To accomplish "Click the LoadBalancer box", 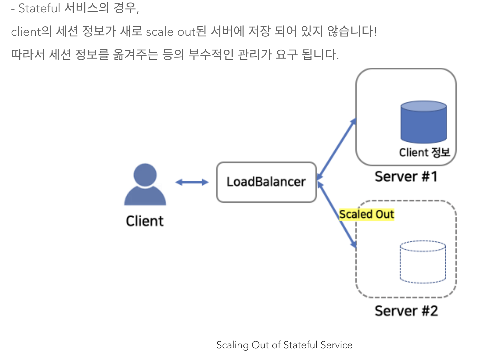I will coord(266,182).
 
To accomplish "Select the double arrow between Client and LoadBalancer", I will coord(192,182).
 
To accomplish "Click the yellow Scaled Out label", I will coord(367,214).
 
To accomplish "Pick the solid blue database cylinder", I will coord(424,122).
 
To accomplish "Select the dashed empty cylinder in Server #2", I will coord(423,262).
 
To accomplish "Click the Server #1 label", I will coord(406,177).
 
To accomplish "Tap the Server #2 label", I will coord(406,311).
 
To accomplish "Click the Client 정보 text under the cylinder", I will coord(424,152).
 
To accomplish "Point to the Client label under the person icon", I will coord(145,221).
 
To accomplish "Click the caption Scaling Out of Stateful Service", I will coord(284,345).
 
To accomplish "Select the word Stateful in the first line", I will coord(39,8).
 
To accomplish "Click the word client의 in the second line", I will coord(31,32).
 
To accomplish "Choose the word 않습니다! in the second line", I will coord(352,31).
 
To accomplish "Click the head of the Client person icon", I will coord(145,175).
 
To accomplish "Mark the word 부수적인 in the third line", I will coord(211,55).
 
